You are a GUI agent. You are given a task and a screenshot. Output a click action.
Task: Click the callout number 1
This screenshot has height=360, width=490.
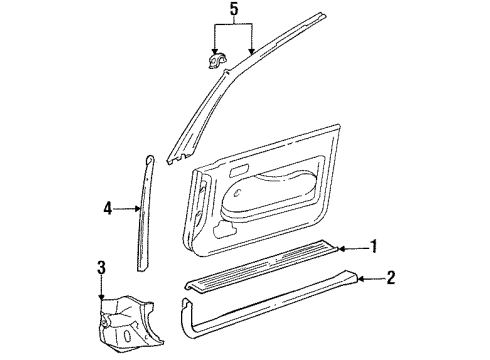[374, 246]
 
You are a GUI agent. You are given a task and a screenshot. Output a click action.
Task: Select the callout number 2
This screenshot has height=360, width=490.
[390, 277]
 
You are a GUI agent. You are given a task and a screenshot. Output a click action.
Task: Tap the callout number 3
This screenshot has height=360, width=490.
[102, 268]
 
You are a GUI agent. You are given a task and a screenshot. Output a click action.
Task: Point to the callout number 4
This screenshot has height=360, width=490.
[108, 209]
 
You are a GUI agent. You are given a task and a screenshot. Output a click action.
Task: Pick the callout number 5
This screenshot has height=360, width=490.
[234, 9]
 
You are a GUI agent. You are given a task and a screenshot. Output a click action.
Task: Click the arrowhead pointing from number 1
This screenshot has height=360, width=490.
[341, 248]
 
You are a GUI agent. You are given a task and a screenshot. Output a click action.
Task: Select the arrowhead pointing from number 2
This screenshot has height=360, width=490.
[361, 279]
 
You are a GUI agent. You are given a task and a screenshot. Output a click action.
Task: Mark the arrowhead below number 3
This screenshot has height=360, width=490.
[102, 297]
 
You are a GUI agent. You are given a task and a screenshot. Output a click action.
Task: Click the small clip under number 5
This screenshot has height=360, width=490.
[217, 61]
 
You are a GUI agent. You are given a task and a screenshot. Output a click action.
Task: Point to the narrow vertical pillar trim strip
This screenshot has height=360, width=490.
[146, 213]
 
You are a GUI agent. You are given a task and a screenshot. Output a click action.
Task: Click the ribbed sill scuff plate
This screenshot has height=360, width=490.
[263, 265]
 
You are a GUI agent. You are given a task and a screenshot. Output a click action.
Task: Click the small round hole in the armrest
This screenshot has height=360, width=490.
[237, 193]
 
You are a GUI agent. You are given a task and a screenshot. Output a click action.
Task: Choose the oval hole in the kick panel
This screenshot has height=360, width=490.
[128, 336]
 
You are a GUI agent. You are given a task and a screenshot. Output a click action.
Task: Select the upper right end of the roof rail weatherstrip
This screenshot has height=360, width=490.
[322, 15]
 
